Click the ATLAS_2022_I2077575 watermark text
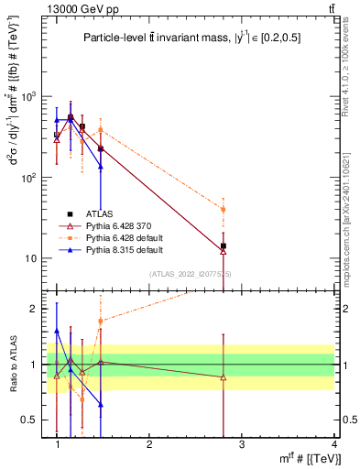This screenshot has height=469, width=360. (191, 274)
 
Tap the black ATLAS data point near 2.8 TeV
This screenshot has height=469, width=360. (223, 245)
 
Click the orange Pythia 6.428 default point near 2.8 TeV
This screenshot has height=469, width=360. (223, 210)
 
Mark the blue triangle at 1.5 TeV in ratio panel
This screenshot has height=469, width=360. (101, 404)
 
